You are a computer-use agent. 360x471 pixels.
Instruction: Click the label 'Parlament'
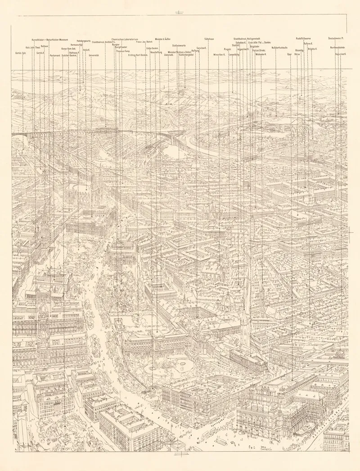click(54, 56)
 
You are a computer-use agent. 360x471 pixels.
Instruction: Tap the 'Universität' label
click(94, 55)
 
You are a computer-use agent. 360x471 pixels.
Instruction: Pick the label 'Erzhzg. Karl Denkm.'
click(138, 55)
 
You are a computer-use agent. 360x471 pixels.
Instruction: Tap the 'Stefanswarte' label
click(179, 45)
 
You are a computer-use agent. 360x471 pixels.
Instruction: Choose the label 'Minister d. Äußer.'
click(162, 39)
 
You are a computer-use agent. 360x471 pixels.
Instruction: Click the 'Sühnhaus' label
click(209, 39)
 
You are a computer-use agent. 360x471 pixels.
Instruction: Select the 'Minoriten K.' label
click(219, 54)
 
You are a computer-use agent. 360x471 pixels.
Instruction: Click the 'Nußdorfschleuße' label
click(280, 47)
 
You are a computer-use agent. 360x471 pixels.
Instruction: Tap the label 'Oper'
click(289, 54)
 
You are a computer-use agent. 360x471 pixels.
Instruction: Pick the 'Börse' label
click(297, 54)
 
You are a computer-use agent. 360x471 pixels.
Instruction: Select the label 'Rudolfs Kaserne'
click(306, 39)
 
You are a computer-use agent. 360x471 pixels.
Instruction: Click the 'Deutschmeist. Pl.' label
click(336, 39)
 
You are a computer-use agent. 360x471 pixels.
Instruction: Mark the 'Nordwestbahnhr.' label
click(337, 47)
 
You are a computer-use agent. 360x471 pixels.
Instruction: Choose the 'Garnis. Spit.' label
click(21, 53)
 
